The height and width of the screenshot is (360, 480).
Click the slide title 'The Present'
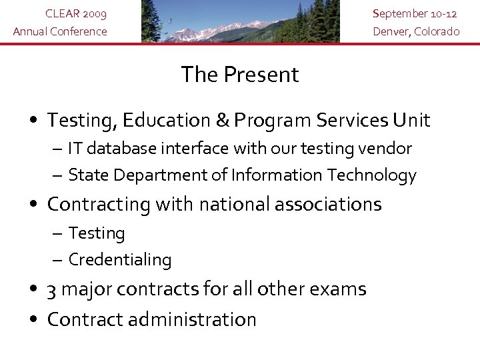click(x=240, y=75)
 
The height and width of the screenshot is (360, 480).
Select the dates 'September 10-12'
click(x=416, y=13)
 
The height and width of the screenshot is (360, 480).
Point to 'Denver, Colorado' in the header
click(x=416, y=31)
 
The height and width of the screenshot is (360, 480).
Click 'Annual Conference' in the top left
click(x=60, y=31)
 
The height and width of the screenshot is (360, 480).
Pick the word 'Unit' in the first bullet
click(x=411, y=121)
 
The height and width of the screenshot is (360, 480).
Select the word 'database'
click(x=119, y=149)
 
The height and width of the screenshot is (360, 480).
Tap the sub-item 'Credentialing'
click(x=120, y=260)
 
